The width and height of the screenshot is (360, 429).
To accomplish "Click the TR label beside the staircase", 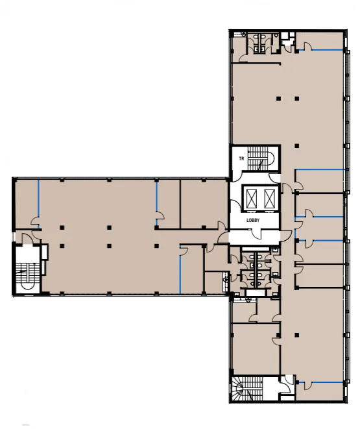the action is tap(241, 158).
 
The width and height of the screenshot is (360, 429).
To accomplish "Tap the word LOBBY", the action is tap(253, 220).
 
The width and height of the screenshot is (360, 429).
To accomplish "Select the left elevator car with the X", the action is tap(252, 198).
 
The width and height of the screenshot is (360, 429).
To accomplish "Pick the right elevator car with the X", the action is tap(269, 198).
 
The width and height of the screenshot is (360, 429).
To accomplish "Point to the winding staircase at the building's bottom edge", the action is tap(247, 389).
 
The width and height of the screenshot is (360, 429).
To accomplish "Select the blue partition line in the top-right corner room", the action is tap(320, 50).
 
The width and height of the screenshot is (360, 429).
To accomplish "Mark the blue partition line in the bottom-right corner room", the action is tap(320, 382).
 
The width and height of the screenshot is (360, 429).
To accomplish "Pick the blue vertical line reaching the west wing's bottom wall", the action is tap(180, 269).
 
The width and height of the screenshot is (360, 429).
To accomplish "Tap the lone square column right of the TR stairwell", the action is tap(297, 146).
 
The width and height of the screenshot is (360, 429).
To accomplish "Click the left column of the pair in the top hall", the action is tap(278, 99).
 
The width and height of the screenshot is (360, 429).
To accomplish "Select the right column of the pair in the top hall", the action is tap(297, 99).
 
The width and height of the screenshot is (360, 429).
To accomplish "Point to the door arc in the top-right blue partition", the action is tap(308, 46).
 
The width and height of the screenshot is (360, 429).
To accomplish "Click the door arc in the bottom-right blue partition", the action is tap(308, 386).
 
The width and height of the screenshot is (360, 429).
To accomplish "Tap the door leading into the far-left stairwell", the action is tap(27, 238).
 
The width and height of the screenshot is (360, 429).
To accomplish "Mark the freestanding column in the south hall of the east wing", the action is tap(297, 335).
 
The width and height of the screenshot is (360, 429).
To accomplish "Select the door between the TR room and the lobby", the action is tap(237, 176).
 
